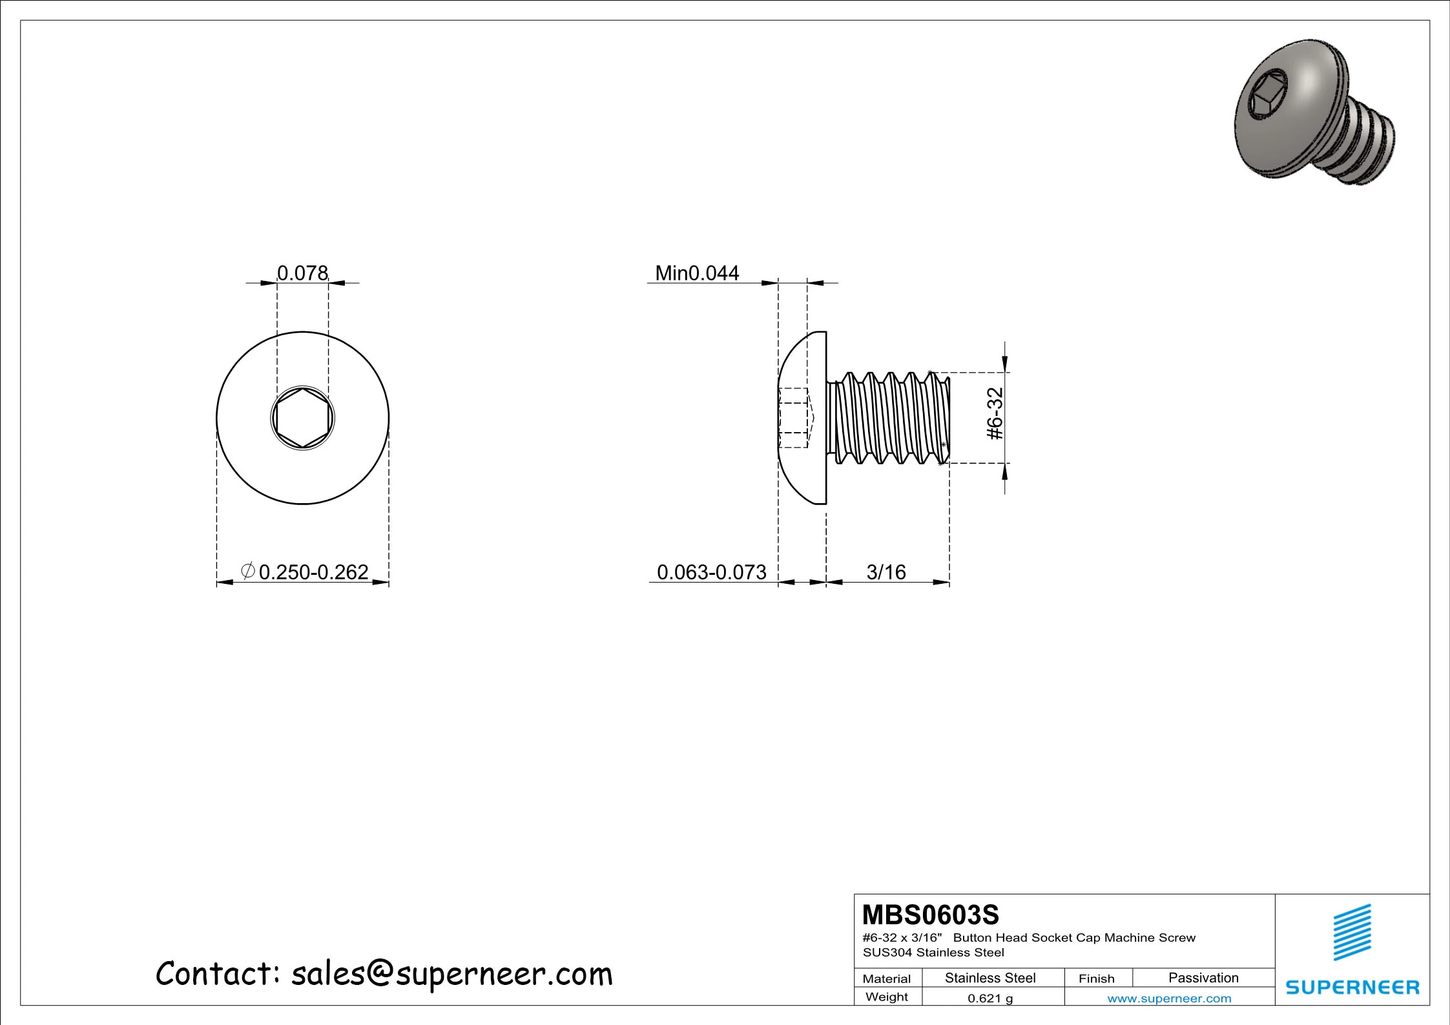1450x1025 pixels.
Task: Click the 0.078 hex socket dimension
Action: pos(302,273)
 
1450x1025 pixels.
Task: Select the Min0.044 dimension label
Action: pos(697,273)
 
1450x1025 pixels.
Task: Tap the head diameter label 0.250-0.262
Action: pos(313,572)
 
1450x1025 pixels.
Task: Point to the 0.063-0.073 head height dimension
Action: pos(711,572)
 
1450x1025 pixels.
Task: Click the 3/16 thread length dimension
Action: pos(886,572)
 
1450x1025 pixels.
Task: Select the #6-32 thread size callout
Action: pos(995,413)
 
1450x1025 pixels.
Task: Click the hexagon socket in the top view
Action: pos(302,419)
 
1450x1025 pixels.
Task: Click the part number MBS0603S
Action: pos(930,915)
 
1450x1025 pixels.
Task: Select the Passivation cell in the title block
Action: pos(1203,977)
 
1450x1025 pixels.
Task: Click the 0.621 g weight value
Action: pos(989,998)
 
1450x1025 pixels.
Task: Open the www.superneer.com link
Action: pos(1169,998)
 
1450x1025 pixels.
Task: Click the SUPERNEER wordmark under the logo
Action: pos(1352,987)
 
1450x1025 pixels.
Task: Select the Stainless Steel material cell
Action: pos(989,977)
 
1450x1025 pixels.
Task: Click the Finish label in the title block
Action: pos(1096,978)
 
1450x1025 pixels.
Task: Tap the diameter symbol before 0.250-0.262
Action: pos(247,570)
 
